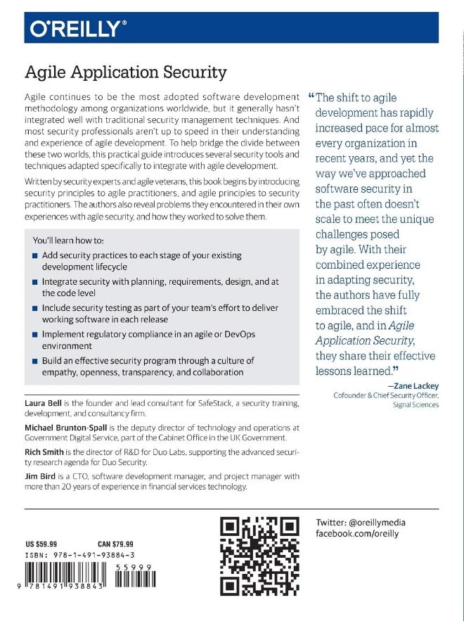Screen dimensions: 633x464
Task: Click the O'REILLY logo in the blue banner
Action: pos(78,28)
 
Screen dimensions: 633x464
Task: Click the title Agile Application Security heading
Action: pos(126,72)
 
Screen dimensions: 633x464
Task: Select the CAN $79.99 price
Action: pos(115,544)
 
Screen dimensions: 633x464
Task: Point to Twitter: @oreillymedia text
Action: pos(361,523)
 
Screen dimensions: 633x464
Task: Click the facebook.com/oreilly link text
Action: pos(357,534)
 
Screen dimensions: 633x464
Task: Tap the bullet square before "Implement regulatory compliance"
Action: pos(35,335)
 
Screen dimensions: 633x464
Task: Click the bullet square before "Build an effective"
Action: pos(35,361)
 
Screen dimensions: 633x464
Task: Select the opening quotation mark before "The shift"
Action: pos(311,96)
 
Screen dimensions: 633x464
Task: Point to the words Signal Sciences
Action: pos(415,405)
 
